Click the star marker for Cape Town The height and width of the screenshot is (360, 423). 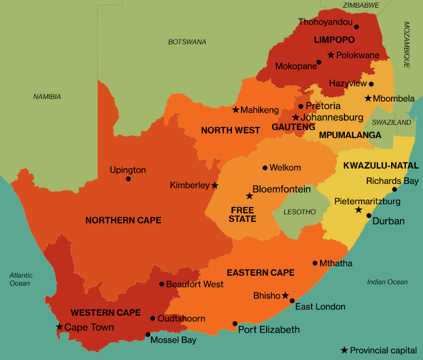pos(59,327)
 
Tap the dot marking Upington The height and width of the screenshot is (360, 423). pos(128,179)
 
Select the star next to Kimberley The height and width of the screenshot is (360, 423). pos(215,185)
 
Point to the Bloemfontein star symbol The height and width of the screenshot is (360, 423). pos(249,196)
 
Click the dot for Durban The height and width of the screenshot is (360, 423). pos(368,216)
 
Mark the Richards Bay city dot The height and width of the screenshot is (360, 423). pos(394,190)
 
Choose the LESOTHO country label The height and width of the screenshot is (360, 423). pos(299,212)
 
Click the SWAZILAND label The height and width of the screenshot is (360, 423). pos(391,122)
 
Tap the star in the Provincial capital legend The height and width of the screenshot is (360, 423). pos(344,350)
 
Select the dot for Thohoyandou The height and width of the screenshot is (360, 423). pos(356,27)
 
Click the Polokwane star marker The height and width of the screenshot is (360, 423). pos(331,55)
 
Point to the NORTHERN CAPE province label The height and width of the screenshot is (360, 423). pos(123,220)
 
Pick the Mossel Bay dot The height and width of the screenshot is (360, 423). pos(148,335)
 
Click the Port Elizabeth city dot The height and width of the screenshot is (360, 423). pos(235,323)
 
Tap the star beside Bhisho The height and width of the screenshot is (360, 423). pos(285,296)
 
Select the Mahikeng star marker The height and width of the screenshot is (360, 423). pos(235,110)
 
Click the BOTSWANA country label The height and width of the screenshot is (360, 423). pos(187,42)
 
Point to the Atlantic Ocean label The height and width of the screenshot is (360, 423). pos(21,279)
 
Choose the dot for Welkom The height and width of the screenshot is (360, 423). pos(265,168)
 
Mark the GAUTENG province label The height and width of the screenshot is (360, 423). pos(293,127)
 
